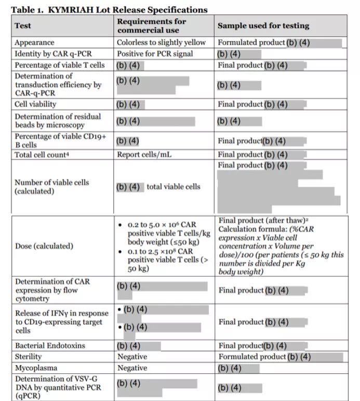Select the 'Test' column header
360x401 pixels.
click(x=23, y=25)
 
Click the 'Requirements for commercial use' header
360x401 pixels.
click(x=151, y=25)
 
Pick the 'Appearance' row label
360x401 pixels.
click(x=34, y=43)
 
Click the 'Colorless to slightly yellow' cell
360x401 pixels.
click(x=161, y=43)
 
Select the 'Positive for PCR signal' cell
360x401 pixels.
click(x=154, y=54)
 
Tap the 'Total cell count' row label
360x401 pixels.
click(x=41, y=154)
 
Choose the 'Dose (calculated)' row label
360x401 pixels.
click(x=44, y=245)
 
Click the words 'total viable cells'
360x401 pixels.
click(x=173, y=187)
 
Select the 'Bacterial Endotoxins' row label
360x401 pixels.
click(x=50, y=345)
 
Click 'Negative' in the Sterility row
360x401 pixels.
click(x=132, y=357)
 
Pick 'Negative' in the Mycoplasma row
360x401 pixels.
click(x=132, y=368)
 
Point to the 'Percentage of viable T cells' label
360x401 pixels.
click(x=60, y=65)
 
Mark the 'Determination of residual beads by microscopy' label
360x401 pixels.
click(x=58, y=121)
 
